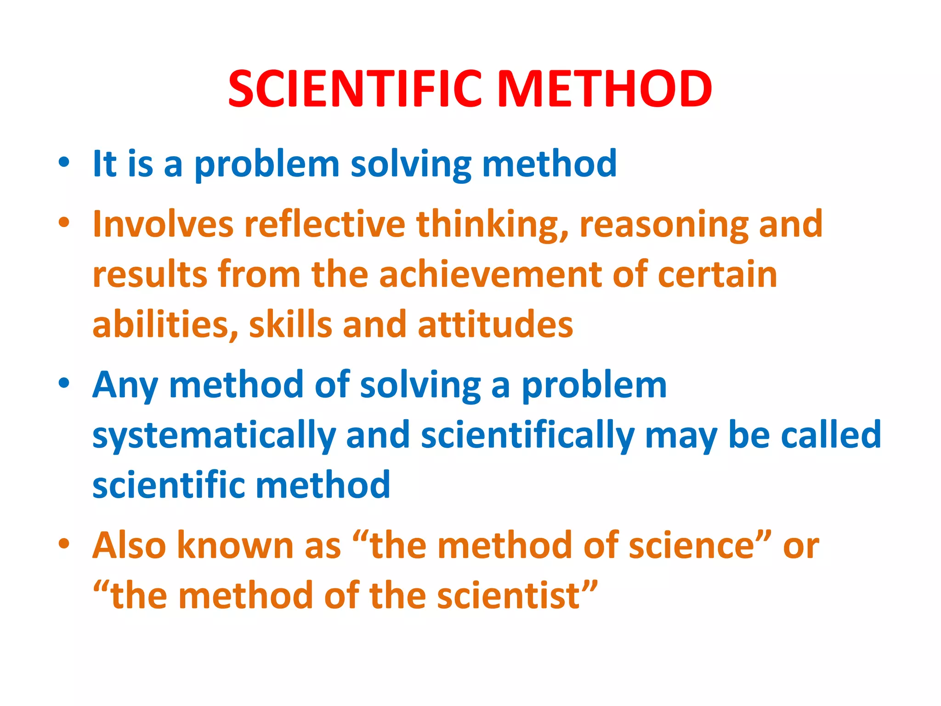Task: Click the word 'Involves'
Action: [163, 224]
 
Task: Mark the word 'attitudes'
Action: [495, 325]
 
